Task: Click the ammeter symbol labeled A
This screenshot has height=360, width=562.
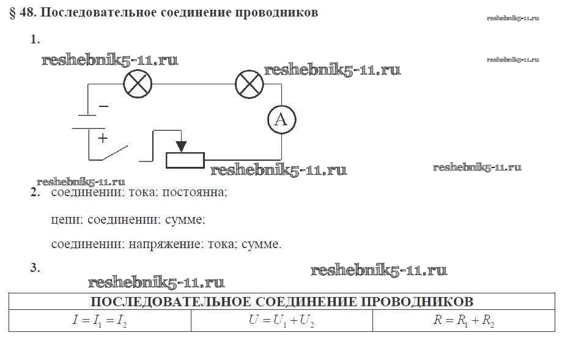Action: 281,120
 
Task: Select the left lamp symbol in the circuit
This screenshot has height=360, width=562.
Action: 137,84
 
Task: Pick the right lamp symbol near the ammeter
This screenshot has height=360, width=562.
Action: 250,84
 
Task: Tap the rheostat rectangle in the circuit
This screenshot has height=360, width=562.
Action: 185,160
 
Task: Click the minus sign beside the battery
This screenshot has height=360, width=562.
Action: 103,106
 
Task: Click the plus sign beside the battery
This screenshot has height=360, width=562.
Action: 103,138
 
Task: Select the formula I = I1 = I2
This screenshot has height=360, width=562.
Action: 100,320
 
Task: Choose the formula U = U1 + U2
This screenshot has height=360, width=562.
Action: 281,320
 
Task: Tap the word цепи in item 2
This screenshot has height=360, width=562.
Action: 67,219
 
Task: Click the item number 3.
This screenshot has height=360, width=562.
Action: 35,267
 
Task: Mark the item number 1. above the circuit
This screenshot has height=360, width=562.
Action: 35,40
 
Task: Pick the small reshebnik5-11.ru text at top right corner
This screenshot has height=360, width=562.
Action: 512,18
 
